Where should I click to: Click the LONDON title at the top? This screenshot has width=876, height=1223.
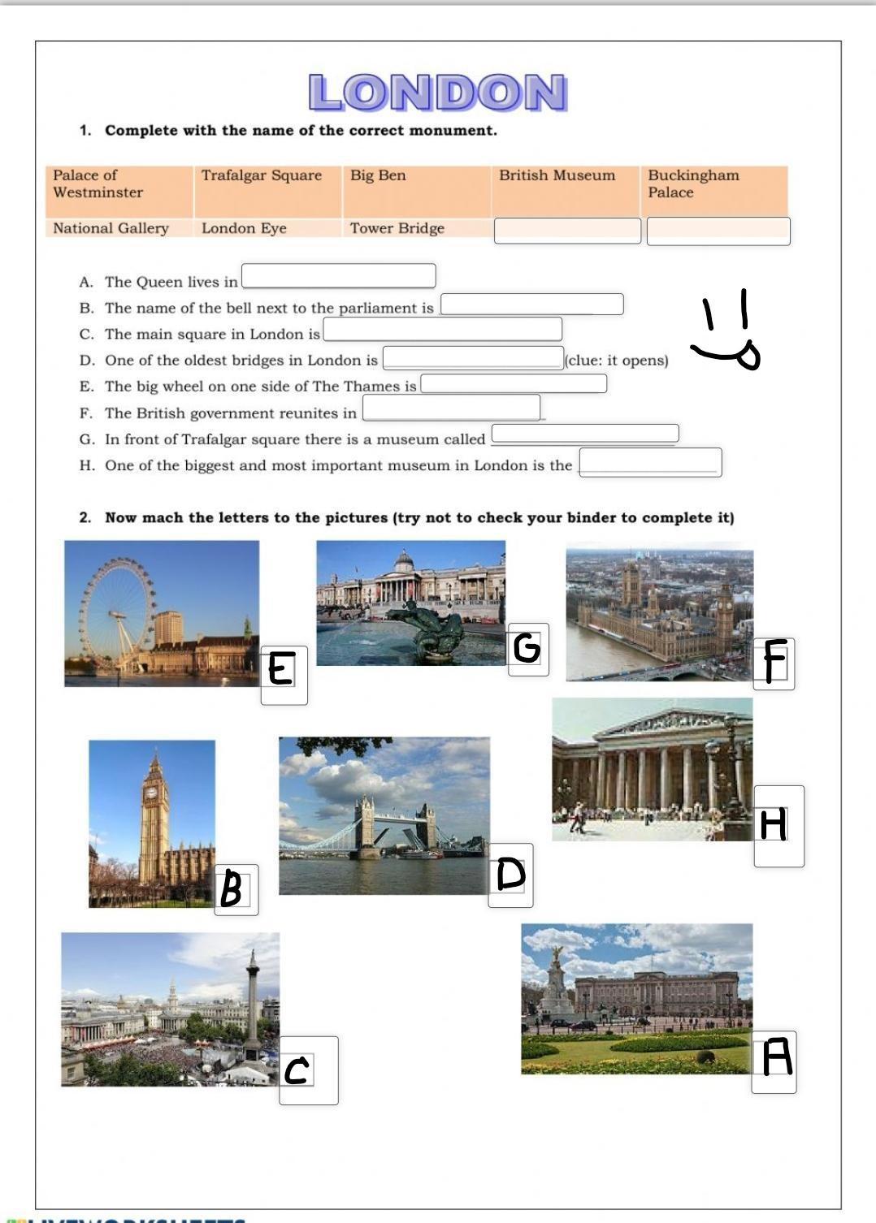[x=437, y=92]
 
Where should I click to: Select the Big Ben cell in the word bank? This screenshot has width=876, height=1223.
[x=378, y=175]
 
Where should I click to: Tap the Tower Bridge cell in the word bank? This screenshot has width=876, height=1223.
[x=397, y=228]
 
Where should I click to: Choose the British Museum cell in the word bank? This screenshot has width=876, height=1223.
[x=557, y=175]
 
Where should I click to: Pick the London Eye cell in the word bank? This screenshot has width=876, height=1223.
[x=244, y=228]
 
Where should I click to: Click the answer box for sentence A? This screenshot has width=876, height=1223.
[x=338, y=276]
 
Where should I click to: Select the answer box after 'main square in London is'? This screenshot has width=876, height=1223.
[x=442, y=329]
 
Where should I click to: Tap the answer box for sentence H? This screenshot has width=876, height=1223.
[x=649, y=463]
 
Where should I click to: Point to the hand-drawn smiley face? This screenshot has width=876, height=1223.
[x=726, y=333]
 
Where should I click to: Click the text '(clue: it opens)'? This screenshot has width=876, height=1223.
[x=617, y=360]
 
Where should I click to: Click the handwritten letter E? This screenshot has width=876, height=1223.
[x=280, y=669]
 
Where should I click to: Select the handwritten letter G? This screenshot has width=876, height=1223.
[x=527, y=648]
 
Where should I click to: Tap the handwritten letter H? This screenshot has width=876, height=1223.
[x=774, y=823]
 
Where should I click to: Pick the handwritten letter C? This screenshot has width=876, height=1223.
[x=297, y=1070]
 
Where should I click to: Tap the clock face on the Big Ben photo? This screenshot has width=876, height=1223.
[x=150, y=793]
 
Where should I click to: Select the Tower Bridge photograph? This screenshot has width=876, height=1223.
[x=384, y=815]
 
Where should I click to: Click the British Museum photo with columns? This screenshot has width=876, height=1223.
[x=652, y=769]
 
